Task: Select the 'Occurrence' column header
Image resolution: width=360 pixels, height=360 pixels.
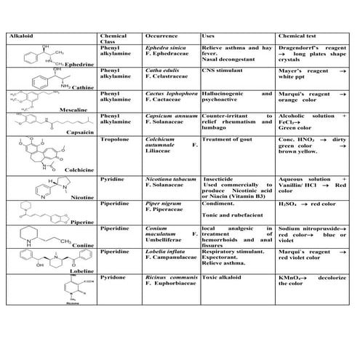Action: click(162, 36)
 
